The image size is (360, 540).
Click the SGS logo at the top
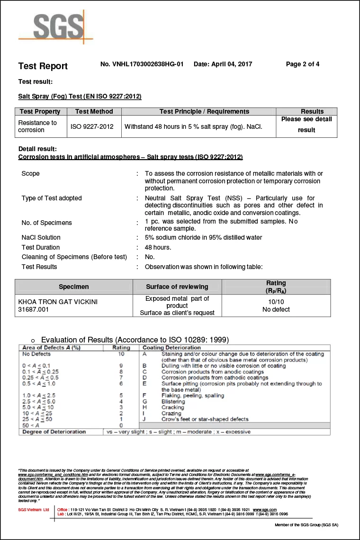[x=55, y=27]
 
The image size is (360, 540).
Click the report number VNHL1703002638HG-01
[x=142, y=64]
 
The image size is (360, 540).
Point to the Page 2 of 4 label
[x=303, y=64]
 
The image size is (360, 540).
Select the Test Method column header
[x=94, y=111]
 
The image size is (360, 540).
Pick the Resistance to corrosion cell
[x=37, y=126]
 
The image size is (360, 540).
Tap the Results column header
[x=312, y=111]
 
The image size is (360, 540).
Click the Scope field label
[x=30, y=174]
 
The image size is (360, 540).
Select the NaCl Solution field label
[x=41, y=237]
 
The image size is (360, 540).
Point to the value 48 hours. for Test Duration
[x=158, y=247]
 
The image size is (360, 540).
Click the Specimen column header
[x=73, y=287]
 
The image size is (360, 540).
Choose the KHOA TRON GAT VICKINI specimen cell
[x=58, y=302]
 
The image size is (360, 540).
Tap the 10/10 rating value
[x=276, y=302]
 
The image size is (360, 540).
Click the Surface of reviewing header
[x=177, y=287]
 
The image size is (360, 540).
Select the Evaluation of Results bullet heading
[x=135, y=340]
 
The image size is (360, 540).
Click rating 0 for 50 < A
[x=121, y=425]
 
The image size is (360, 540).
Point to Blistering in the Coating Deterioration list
[x=173, y=401]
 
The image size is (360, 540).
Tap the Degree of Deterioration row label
[x=54, y=432]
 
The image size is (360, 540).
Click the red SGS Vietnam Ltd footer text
[x=33, y=509]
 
